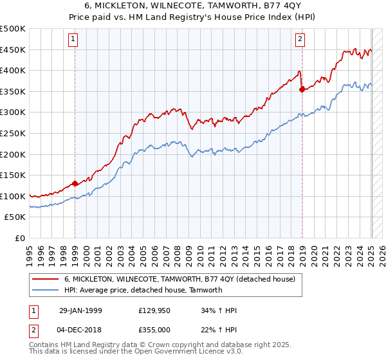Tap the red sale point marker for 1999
pyautogui.click(x=75, y=183)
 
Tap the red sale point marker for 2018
pyautogui.click(x=302, y=89)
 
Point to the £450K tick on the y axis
pyautogui.click(x=13, y=50)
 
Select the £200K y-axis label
pyautogui.click(x=13, y=154)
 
